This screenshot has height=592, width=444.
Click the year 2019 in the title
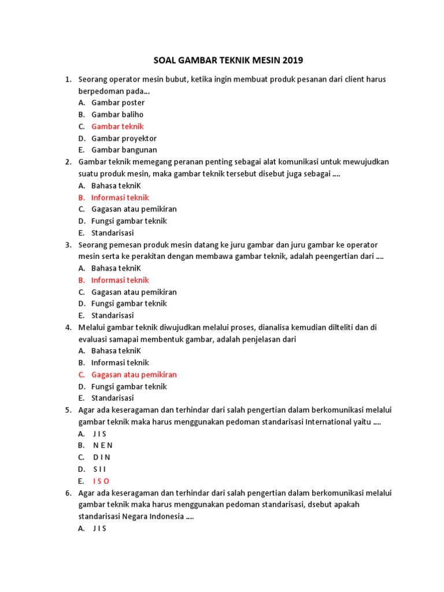click(291, 60)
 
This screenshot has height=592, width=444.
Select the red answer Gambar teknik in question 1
click(117, 127)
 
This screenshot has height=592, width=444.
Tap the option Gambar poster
click(118, 102)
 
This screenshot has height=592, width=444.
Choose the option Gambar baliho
click(117, 114)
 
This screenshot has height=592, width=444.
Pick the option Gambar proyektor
click(124, 138)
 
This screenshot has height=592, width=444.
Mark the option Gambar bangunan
click(124, 150)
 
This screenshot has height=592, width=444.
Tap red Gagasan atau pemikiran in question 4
click(134, 375)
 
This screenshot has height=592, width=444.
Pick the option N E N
click(103, 445)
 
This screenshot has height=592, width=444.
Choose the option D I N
click(101, 457)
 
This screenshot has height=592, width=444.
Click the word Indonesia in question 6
click(167, 517)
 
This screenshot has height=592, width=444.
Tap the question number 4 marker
click(68, 327)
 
